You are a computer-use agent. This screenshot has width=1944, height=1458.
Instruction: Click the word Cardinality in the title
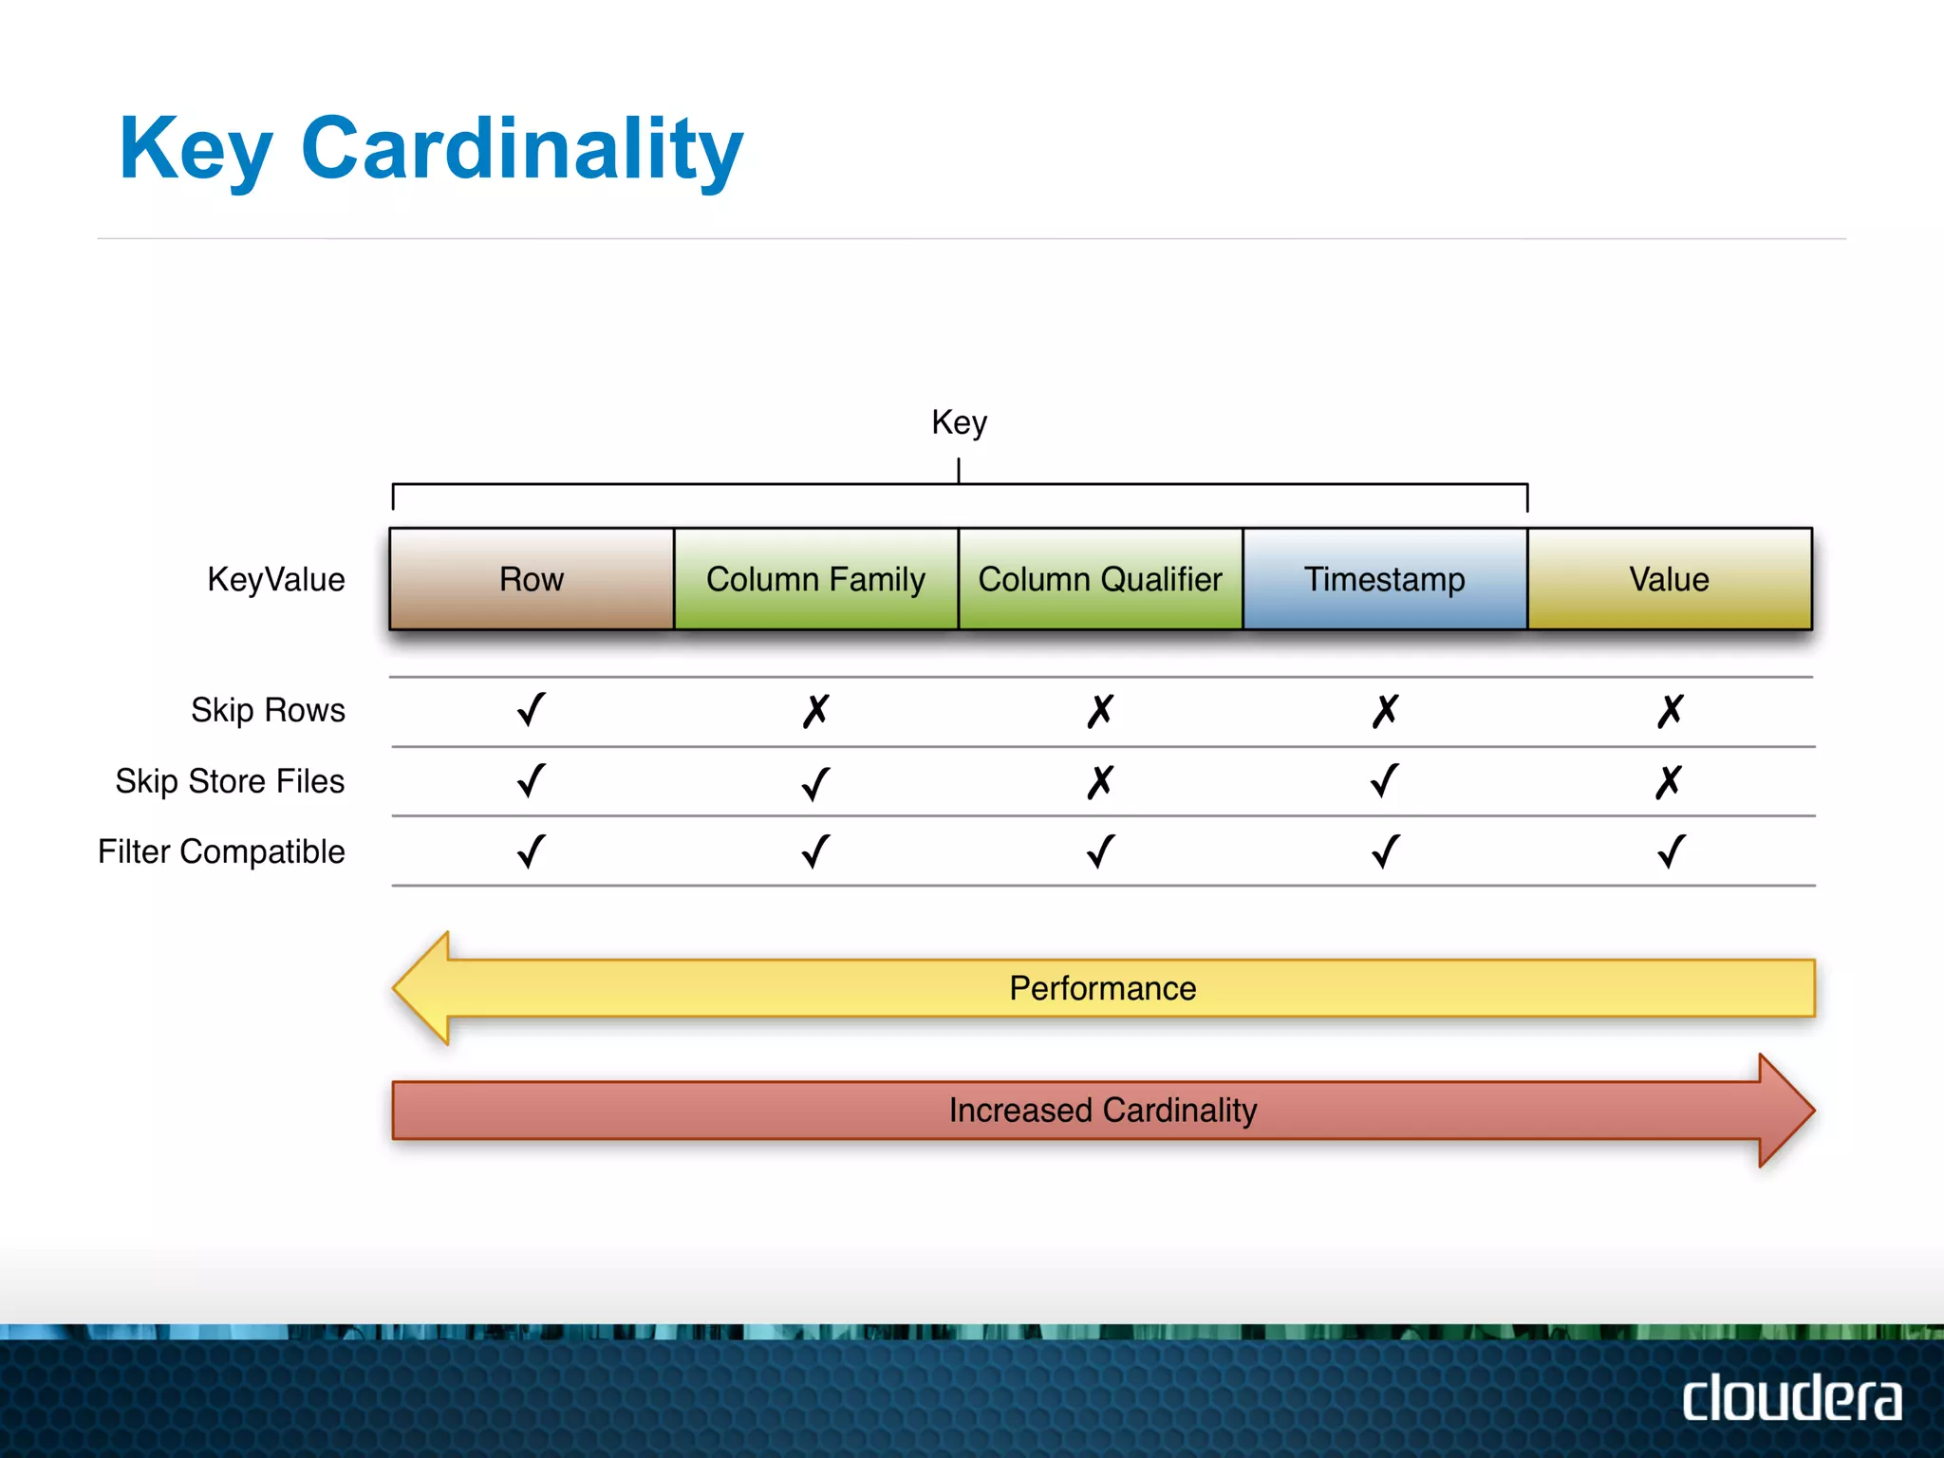coord(521,148)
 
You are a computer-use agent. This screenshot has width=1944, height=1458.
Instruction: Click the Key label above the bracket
coord(959,422)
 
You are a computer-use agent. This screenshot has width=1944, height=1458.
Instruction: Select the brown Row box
coord(532,579)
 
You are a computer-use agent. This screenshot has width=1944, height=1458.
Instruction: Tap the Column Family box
coord(815,579)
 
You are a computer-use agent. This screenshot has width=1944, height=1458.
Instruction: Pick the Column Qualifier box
coord(1100,579)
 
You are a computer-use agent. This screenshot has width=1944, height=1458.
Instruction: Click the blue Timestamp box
coord(1384,579)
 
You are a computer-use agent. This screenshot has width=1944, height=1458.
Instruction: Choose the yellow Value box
coord(1669,579)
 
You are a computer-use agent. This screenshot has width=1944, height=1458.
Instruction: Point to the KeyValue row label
coord(275,579)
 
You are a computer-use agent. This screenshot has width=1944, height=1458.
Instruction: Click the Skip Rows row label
coord(268,710)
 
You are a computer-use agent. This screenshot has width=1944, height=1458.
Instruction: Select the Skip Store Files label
coord(230,781)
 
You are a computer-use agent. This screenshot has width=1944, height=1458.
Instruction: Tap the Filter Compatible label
coord(221,851)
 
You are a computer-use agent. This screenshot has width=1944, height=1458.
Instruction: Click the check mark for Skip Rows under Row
coord(532,710)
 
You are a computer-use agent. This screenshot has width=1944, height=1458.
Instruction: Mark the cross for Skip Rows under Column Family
coord(815,711)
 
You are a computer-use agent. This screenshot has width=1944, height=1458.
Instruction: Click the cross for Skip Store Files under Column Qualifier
coord(1100,782)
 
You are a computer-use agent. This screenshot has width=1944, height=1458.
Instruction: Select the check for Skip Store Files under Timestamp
coord(1385,781)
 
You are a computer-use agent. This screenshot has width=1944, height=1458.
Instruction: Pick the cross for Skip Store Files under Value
coord(1669,782)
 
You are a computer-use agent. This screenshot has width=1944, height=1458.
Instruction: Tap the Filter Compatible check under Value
coord(1671,851)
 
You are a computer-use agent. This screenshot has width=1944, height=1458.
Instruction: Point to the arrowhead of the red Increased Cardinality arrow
coord(1784,1110)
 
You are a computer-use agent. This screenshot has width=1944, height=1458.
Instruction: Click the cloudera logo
coord(1791,1399)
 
